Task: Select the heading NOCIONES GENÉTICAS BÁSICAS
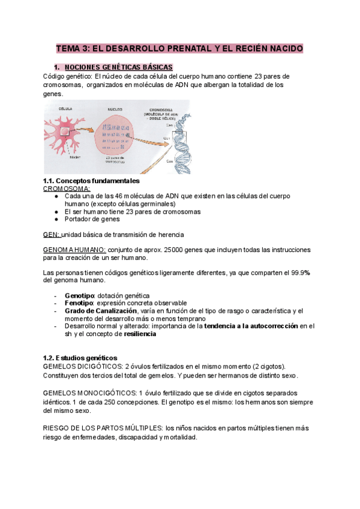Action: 119,67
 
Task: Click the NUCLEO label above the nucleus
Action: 115,110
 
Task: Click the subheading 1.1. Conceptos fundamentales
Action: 91,181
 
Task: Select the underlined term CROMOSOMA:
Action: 67,188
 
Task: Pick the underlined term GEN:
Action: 52,234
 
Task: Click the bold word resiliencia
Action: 136,334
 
